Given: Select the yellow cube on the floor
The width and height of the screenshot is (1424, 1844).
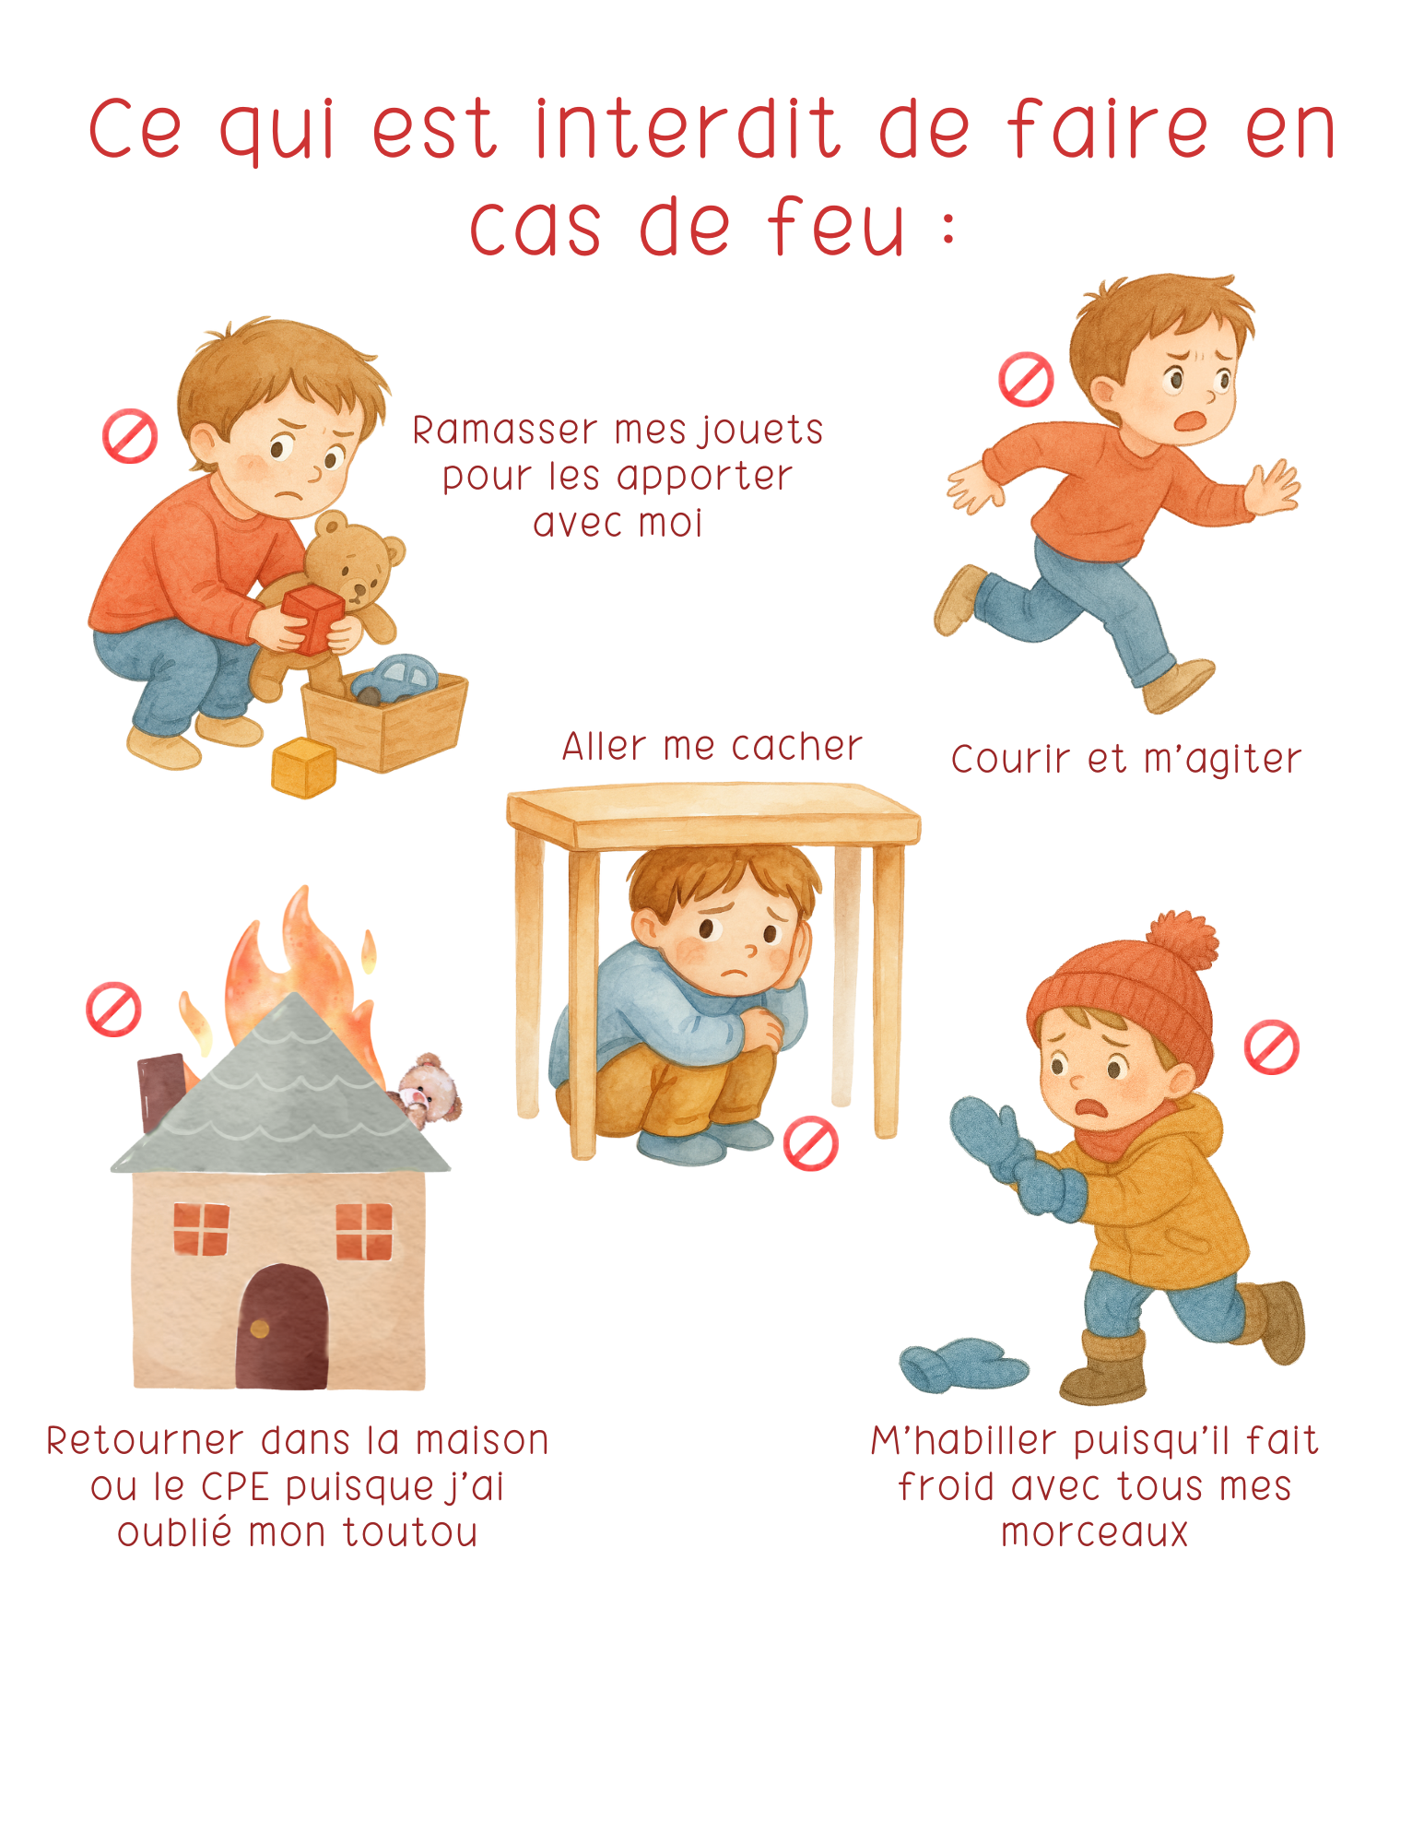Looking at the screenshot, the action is pos(304,767).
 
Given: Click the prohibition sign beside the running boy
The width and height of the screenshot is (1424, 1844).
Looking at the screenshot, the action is pos(1026,379).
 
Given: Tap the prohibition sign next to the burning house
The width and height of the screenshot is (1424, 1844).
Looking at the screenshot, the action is pos(113,1010).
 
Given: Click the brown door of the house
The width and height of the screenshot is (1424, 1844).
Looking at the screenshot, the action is pos(281,1326).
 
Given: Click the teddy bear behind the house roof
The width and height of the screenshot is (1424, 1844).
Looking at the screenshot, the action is pos(426,1091).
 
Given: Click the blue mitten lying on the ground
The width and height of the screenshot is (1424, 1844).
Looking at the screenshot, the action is pos(963,1365).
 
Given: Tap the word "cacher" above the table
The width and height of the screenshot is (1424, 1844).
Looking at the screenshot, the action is pos(797,746).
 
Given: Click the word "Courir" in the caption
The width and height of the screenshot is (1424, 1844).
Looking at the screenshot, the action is pos(1011,759).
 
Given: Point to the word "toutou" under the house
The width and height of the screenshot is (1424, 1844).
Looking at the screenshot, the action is pos(410,1532).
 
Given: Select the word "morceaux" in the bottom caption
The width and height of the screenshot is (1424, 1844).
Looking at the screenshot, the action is pos(1095,1532).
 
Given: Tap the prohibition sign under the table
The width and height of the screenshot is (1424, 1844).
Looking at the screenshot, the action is pos(810,1144).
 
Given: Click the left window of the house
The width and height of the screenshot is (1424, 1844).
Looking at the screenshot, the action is pos(201,1229).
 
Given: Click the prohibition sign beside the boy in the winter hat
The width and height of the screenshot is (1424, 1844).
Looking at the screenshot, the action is pos(1272,1047).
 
